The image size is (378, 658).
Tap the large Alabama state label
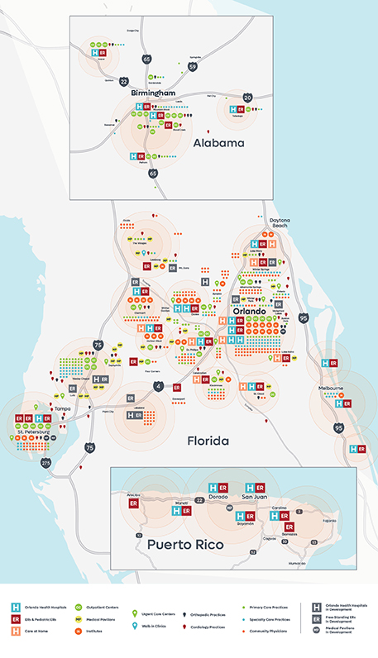pos(218,143)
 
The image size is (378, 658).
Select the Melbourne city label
pos(329,387)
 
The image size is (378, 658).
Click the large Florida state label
pos(208,442)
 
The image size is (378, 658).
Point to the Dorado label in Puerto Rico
pos(218,498)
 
